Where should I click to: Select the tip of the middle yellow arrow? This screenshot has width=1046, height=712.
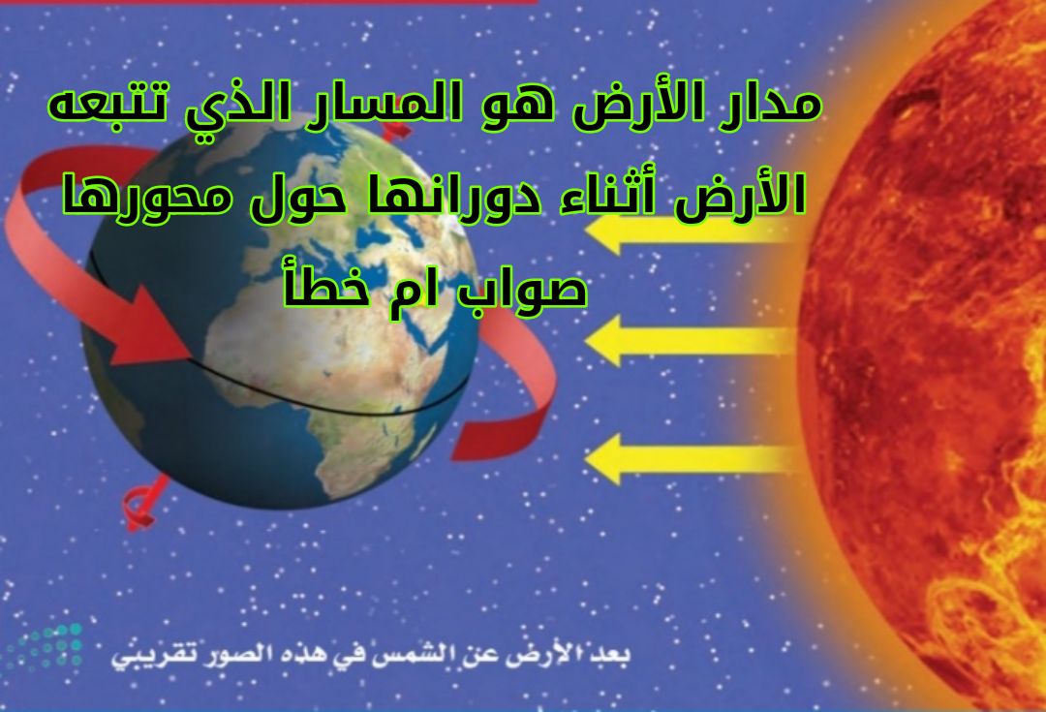585,340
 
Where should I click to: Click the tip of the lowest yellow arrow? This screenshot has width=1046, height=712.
585,458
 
